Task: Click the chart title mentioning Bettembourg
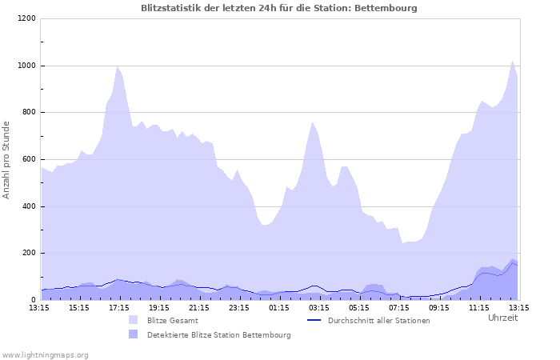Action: tap(278, 8)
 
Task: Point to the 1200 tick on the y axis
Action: tap(26, 18)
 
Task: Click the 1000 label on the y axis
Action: tap(26, 66)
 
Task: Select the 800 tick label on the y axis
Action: tap(29, 113)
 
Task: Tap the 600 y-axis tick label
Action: tap(29, 159)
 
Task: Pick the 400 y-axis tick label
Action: tap(29, 206)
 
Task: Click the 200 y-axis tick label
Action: tap(29, 254)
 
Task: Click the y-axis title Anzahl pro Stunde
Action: tap(6, 160)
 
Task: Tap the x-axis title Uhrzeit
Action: tap(502, 318)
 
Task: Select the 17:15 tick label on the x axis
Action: tap(119, 307)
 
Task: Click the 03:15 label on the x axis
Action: tap(319, 307)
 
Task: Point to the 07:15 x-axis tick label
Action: tap(399, 307)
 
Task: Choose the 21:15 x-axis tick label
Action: tap(199, 307)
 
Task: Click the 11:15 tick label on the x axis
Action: tap(479, 307)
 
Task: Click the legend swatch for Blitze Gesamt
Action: tap(133, 320)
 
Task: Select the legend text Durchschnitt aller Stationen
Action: tap(367, 321)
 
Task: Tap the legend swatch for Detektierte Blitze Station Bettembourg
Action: tap(133, 334)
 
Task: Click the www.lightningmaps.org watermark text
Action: tap(45, 354)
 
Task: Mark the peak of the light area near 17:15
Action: tap(118, 66)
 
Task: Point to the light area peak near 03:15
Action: tap(313, 122)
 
